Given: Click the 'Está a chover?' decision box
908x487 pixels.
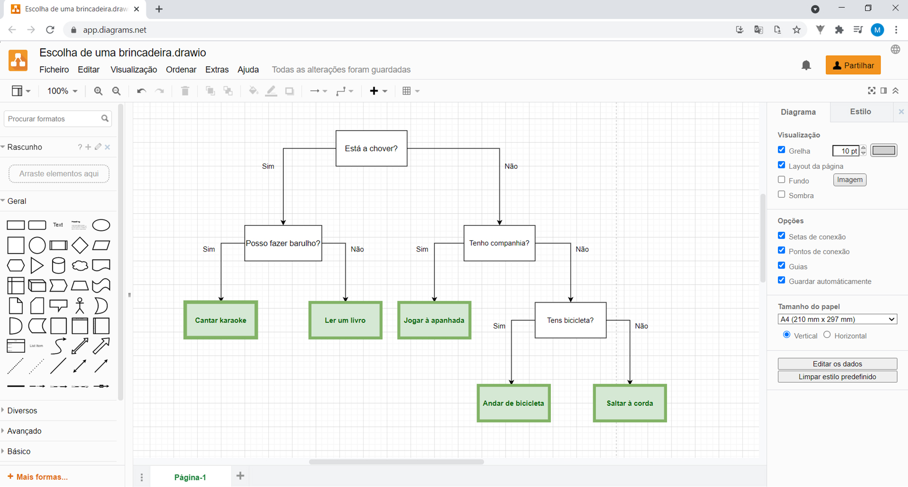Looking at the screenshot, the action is click(371, 148).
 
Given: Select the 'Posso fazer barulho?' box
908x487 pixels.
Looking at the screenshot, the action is click(283, 243).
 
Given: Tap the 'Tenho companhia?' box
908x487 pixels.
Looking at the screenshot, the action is click(499, 243).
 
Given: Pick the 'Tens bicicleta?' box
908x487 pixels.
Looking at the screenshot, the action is click(570, 320).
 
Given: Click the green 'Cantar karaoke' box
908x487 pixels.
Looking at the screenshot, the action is click(221, 320).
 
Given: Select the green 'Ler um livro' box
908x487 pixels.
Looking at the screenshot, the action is click(345, 320).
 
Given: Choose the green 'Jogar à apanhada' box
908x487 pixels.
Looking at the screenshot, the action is click(434, 320).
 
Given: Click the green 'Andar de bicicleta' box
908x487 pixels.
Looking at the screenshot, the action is click(514, 403).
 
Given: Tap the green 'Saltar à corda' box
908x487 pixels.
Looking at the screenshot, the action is click(630, 403).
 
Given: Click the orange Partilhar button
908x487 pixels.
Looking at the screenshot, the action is click(853, 65).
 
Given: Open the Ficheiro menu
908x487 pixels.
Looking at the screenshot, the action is click(54, 70).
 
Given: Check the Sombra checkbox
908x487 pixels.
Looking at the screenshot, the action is click(782, 194).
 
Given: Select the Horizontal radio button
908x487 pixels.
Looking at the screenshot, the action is click(827, 335).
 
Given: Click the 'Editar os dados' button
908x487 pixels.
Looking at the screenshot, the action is click(837, 364).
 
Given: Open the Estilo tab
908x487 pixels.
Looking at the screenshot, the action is click(860, 112).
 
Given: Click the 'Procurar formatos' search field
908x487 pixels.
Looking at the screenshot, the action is click(53, 119).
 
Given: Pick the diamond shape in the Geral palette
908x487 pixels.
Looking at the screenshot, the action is click(80, 245).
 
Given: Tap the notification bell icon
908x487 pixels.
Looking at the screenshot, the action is click(806, 65).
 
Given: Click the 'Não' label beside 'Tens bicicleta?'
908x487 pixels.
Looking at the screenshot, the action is click(641, 326).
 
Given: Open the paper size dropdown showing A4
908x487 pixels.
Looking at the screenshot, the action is click(837, 319).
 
